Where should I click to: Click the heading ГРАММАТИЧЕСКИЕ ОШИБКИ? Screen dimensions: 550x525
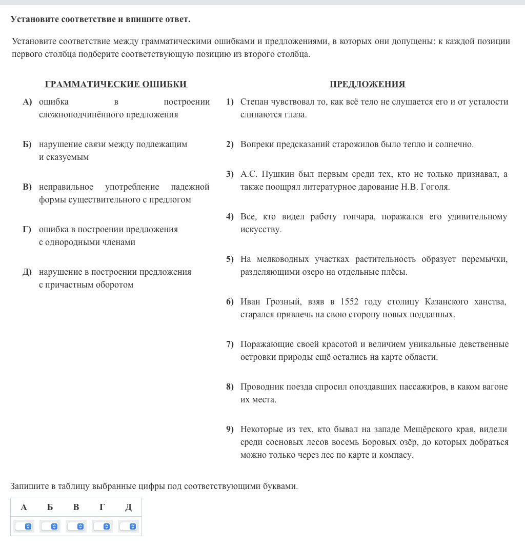coord(116,85)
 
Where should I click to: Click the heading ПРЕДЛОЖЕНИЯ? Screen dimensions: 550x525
coord(368,85)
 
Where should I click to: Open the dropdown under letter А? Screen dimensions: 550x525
coord(24,526)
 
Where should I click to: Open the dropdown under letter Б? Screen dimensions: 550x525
coord(50,526)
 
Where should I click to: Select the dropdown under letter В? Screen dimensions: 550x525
coord(76,526)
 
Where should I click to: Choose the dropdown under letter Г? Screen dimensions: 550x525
coord(102,526)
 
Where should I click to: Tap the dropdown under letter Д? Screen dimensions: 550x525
coord(128,526)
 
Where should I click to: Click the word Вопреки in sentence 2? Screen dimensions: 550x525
coord(257,145)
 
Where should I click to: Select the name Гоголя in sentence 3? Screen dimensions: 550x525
coord(435,187)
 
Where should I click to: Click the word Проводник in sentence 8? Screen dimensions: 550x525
coord(261,387)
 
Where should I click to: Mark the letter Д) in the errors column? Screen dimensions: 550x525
coord(27,272)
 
